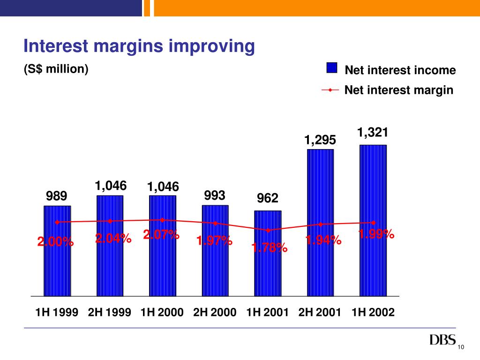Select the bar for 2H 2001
point(320,262)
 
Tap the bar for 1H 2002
point(373,262)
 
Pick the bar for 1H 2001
point(268,267)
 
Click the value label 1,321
point(373,133)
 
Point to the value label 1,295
point(320,140)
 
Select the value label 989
point(57,195)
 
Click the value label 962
point(268,198)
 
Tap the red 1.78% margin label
point(270,247)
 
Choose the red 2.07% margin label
point(161,234)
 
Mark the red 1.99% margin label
point(376,234)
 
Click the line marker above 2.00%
point(57,222)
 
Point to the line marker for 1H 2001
point(268,230)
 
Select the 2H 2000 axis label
point(215,313)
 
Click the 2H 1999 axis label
point(109,313)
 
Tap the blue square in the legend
point(331,68)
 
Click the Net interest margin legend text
point(399,90)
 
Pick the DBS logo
point(442,340)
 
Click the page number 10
point(460,346)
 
